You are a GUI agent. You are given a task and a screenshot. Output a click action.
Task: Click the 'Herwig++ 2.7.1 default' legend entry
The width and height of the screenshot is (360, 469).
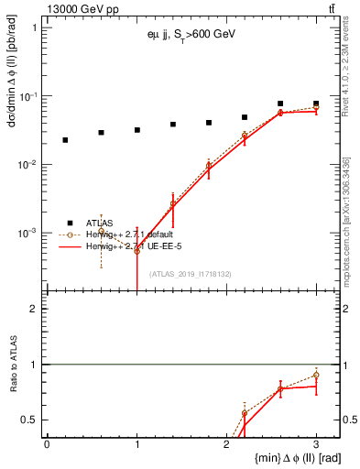tap(128, 234)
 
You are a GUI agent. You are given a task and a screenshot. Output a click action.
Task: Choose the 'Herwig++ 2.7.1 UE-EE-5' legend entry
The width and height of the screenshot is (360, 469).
tap(128, 247)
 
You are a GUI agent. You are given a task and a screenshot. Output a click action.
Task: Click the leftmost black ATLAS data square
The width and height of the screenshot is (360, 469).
tap(65, 140)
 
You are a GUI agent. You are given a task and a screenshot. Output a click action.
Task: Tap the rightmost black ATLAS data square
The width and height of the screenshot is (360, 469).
tap(316, 104)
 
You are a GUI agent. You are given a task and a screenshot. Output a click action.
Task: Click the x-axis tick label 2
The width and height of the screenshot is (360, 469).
tap(226, 444)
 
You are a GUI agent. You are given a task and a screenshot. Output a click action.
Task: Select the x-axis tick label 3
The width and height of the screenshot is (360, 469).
tap(316, 444)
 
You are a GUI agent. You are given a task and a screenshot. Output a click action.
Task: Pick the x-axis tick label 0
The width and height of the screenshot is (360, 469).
tap(47, 444)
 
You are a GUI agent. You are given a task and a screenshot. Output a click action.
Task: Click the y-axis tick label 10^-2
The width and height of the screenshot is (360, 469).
tap(30, 165)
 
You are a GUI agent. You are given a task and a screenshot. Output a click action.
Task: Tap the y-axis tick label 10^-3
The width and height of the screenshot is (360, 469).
tap(30, 234)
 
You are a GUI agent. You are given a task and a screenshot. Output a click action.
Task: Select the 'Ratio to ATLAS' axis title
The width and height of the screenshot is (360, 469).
tap(13, 364)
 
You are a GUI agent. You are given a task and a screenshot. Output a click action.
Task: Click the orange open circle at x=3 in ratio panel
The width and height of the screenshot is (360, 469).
tap(316, 375)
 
